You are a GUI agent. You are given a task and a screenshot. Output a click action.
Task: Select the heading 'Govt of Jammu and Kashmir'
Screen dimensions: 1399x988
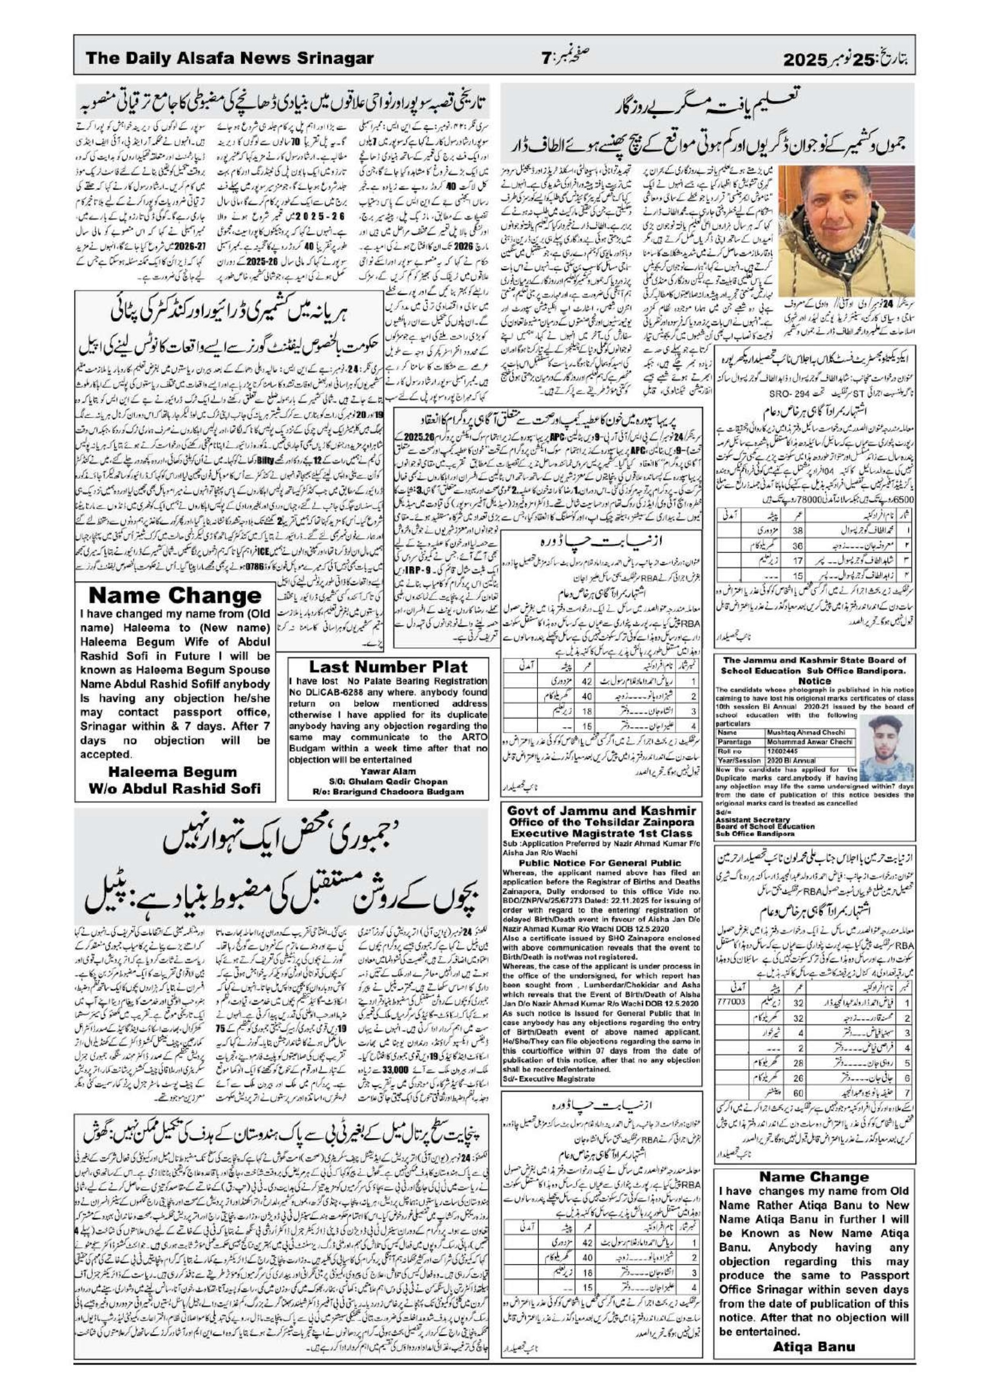point(602,811)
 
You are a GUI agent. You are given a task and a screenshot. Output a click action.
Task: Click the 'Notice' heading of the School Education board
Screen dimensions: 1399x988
point(814,681)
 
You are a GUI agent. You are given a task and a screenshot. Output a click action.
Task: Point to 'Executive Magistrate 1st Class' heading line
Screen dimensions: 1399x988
point(601,833)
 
